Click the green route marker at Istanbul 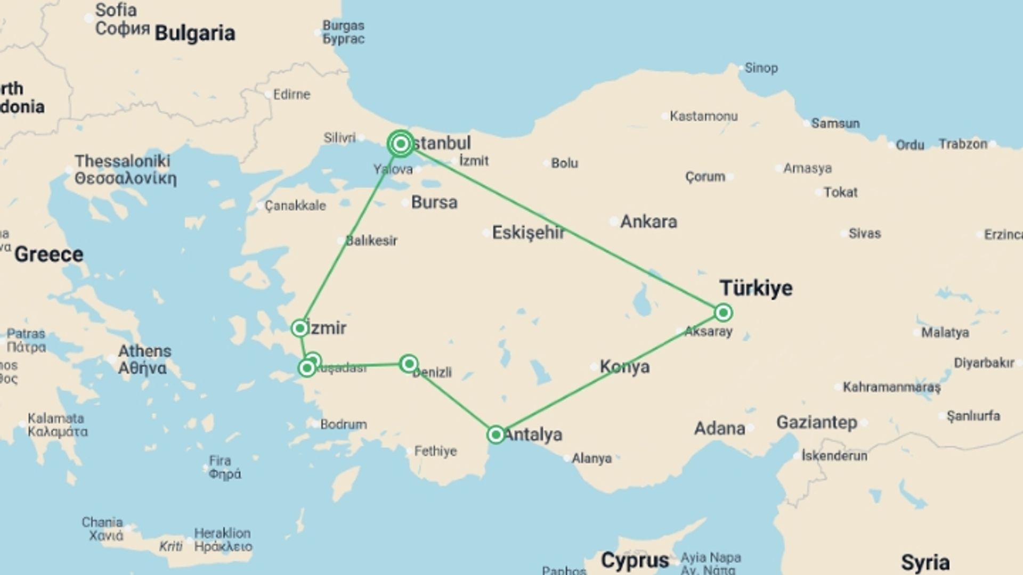point(401,144)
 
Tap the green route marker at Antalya point(496,434)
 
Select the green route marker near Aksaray point(723,313)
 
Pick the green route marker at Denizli point(409,364)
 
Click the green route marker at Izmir point(300,328)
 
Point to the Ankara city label point(648,221)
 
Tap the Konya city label point(624,367)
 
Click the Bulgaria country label point(194,33)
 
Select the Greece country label point(49,254)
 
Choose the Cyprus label point(635,560)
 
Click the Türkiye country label point(756,288)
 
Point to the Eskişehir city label point(528,233)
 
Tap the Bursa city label point(434,202)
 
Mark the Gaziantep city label point(816,423)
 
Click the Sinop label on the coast point(761,68)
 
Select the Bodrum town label point(344,424)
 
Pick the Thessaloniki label point(123,161)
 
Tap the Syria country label point(925,563)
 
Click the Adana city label point(719,429)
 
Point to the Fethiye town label point(435,451)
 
